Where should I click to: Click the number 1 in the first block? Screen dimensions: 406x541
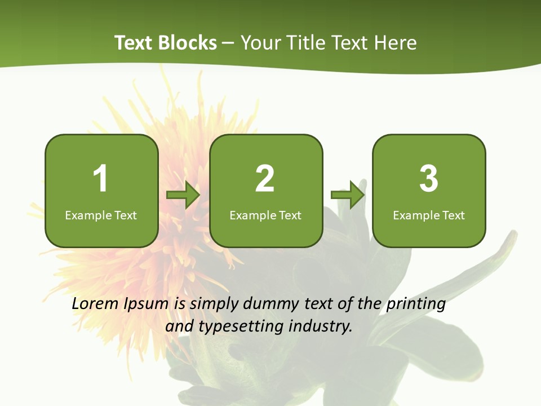[100, 179]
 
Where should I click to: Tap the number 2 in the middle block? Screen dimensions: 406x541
[265, 179]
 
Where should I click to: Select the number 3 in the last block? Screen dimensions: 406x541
[429, 179]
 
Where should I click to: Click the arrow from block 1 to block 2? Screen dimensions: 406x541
[184, 195]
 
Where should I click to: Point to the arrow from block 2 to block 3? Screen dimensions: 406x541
[348, 195]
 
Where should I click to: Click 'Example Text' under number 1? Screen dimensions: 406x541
[101, 215]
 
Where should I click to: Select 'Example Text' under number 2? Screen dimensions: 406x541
[265, 215]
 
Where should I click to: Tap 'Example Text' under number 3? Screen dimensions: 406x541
[429, 215]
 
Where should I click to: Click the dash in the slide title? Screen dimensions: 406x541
[228, 43]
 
